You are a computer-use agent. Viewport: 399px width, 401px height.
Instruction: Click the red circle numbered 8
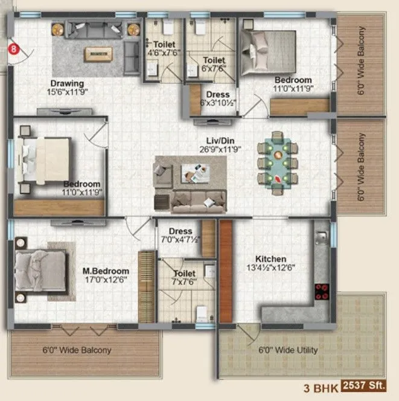(x=12, y=50)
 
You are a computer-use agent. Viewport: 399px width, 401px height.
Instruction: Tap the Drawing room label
(x=67, y=83)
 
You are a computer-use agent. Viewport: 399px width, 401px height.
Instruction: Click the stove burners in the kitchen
(x=321, y=292)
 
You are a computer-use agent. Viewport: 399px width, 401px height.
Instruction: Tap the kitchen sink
(x=322, y=237)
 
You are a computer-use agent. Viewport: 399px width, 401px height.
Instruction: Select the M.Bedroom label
(x=106, y=271)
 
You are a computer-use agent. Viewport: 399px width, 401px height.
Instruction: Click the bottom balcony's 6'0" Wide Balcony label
(x=77, y=350)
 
